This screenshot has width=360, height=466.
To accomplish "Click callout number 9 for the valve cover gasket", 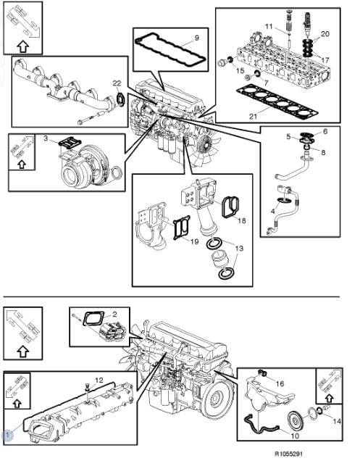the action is pos(196,38).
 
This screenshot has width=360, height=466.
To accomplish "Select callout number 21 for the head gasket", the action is pos(253,116).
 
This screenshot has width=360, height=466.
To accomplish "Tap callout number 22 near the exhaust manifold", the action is pos(117,83).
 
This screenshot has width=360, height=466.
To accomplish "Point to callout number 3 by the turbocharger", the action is pos(46,138).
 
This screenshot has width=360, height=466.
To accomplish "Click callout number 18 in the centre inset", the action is pos(242,220).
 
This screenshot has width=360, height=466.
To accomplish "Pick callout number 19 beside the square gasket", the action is pos(194,241).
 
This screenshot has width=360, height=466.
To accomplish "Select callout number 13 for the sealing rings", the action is pos(239,248).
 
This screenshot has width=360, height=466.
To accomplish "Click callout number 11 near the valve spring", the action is pos(269,27).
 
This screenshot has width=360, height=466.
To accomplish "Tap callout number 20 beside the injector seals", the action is pos(325,34).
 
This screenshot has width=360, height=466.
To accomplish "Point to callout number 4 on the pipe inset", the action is pos(272,212).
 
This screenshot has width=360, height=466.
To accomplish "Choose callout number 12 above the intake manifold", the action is pos(99,380).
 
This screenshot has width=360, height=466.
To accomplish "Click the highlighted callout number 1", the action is pos(7,436).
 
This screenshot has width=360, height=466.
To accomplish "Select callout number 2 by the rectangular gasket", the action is pos(114,314).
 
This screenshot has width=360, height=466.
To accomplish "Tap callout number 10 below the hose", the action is pos(295,436).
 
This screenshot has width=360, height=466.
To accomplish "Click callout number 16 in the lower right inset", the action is pos(280,384).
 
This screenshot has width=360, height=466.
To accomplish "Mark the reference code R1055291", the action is pos(288,454).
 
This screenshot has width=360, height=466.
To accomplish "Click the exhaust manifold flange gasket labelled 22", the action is pos(119,99).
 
